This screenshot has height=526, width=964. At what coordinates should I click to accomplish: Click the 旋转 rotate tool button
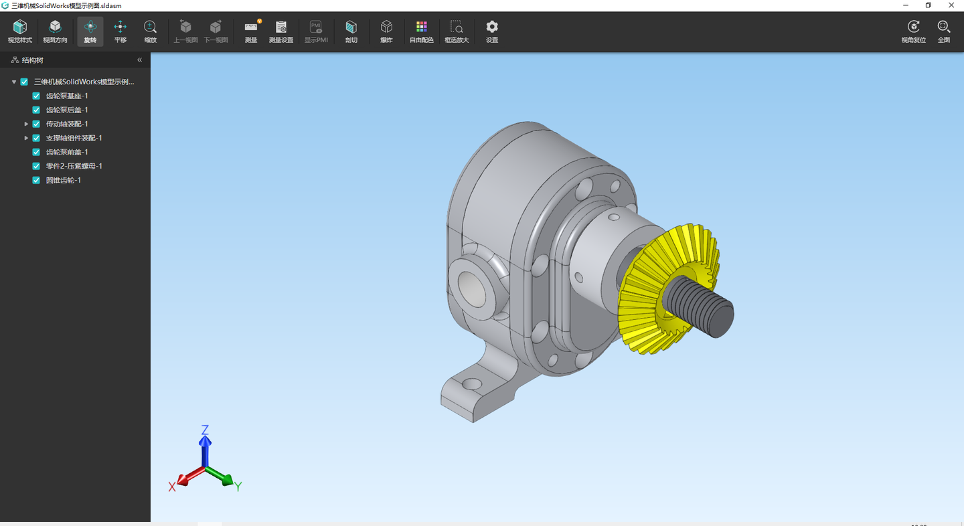pos(90,31)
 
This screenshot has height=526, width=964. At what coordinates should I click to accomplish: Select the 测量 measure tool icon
pos(251,27)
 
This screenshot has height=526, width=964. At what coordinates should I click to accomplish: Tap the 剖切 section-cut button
pos(351,31)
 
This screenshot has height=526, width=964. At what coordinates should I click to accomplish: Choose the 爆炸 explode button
pos(386,31)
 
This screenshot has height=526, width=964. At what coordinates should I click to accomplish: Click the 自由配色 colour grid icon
pos(421,27)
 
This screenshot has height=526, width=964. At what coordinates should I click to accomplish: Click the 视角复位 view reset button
pos(913,31)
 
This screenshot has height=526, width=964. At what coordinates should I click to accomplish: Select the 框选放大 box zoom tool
pos(457,31)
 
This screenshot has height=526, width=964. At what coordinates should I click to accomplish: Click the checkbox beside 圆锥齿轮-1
pos(36,180)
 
